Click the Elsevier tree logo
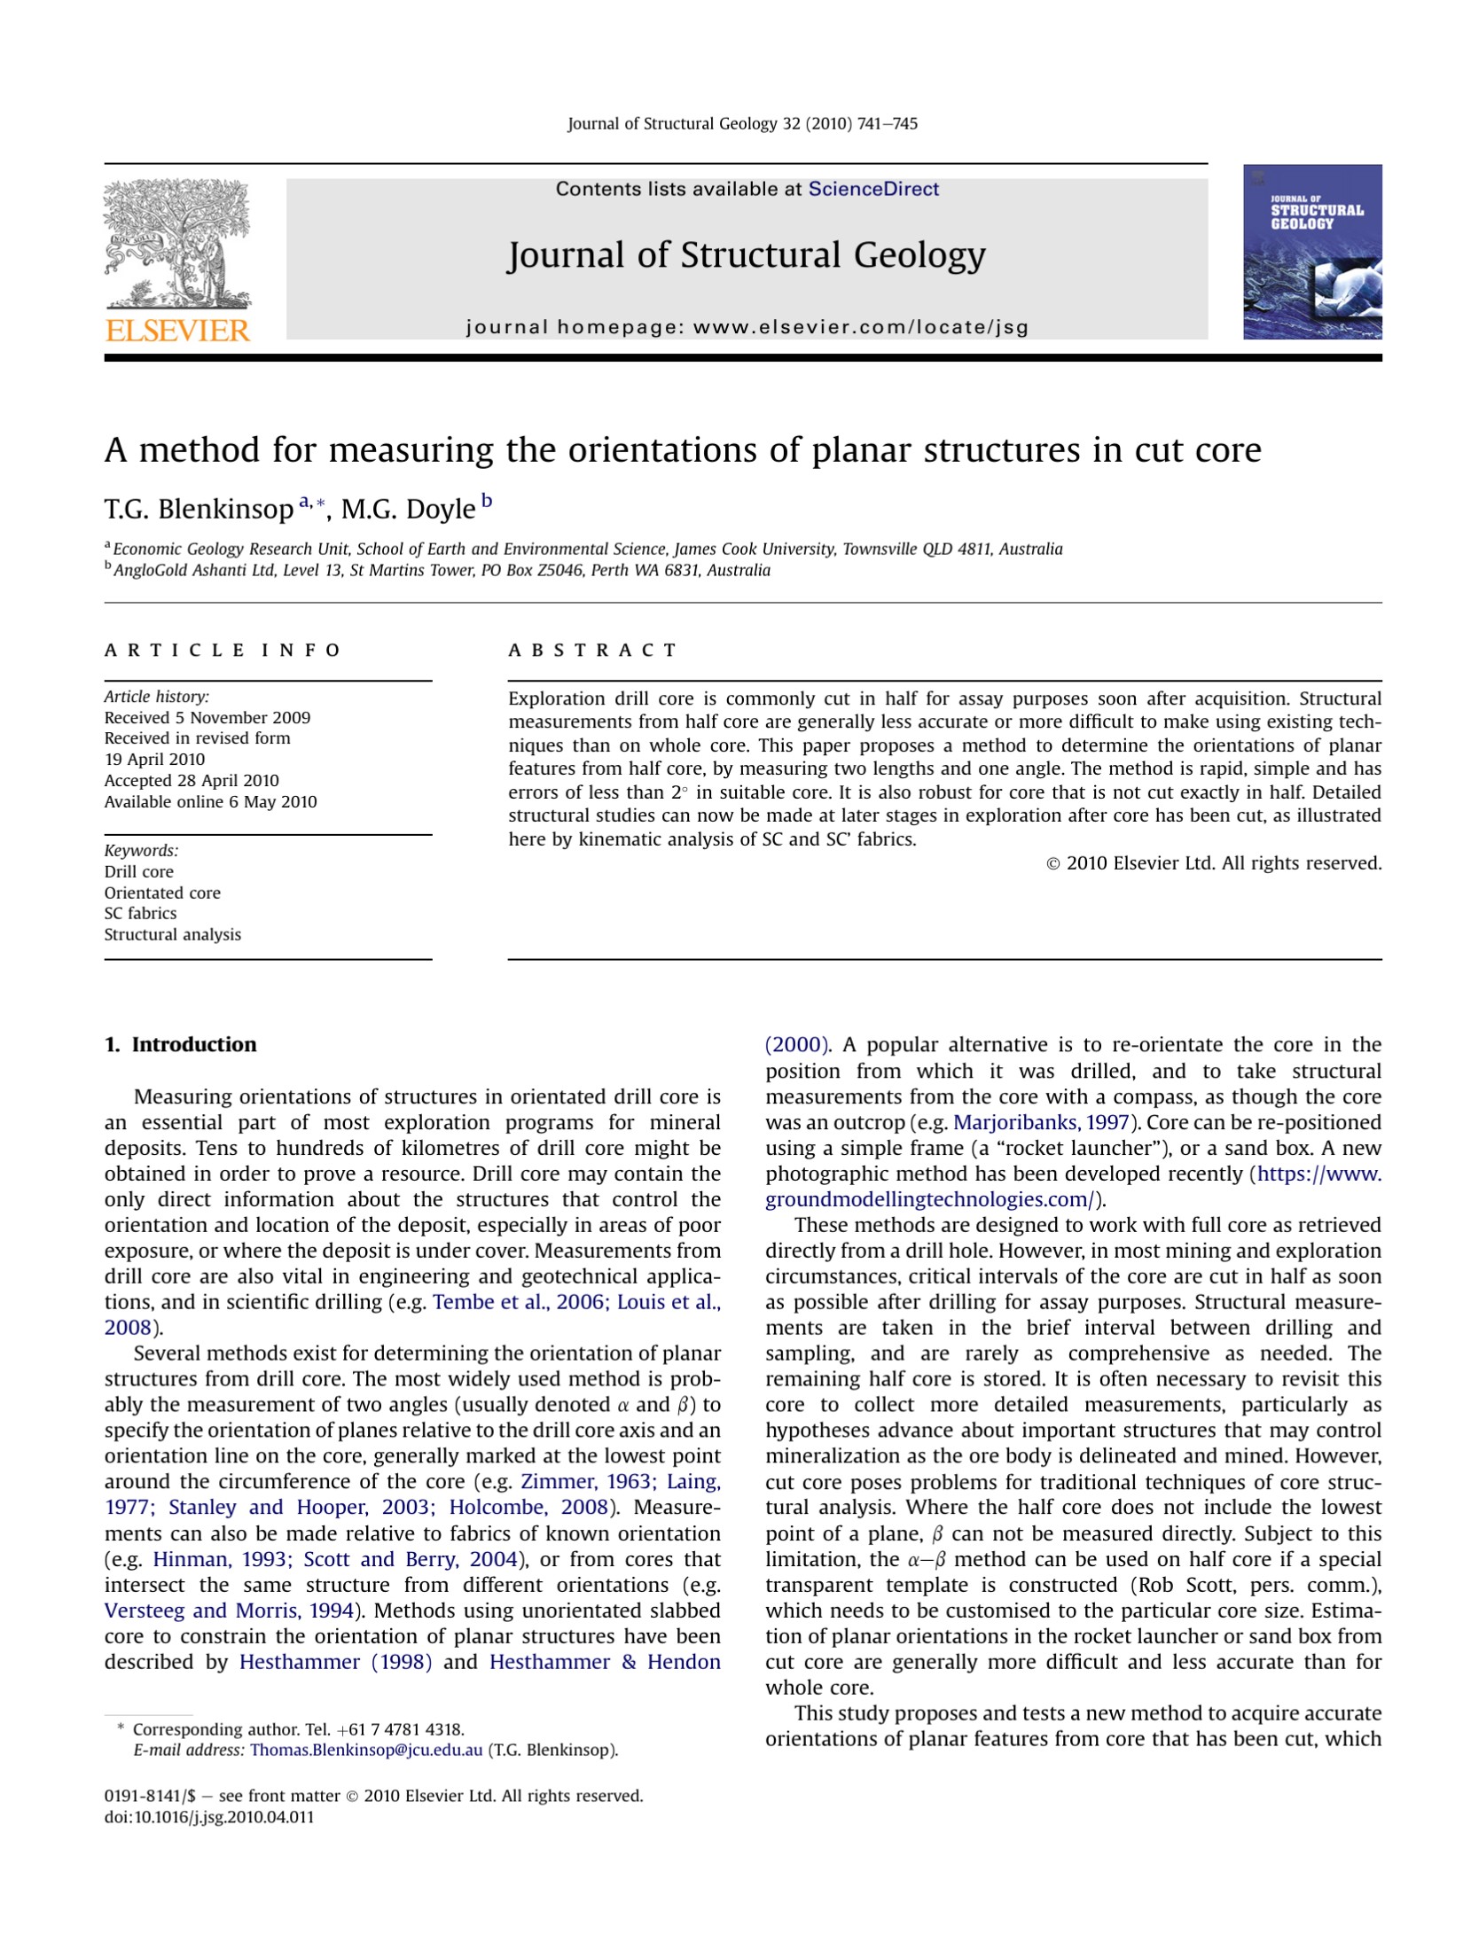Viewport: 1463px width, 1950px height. tap(177, 243)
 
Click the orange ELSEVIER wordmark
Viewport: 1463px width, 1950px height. tap(177, 331)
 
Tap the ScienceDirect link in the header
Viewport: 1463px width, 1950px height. tap(872, 189)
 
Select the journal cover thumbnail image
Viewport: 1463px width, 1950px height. tap(1311, 252)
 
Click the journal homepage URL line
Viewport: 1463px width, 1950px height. tap(747, 327)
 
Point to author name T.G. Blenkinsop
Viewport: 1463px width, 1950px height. tap(198, 510)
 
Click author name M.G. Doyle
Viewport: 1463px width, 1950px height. tap(408, 510)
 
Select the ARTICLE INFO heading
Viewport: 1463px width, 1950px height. tap(223, 651)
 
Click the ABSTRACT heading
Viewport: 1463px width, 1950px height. tap(592, 651)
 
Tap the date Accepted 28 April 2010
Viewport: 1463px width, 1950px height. tap(192, 781)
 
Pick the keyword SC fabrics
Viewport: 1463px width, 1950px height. tap(140, 913)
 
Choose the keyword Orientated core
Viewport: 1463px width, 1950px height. tap(162, 893)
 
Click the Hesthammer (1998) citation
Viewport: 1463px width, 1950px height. tap(335, 1662)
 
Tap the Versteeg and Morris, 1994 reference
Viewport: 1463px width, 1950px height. tap(229, 1611)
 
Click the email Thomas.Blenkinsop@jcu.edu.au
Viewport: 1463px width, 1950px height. tap(366, 1750)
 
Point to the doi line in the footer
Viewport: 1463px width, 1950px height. tap(209, 1817)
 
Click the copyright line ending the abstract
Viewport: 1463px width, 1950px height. tap(1214, 862)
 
